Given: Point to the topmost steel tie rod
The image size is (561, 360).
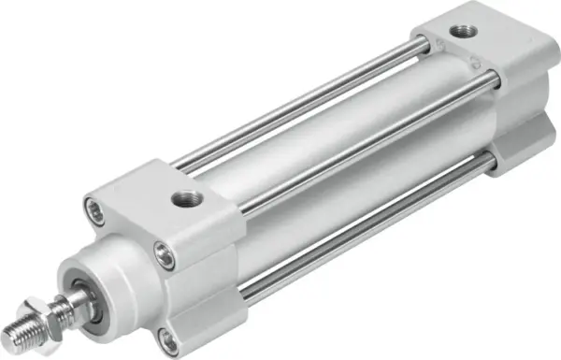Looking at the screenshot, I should pyautogui.click(x=299, y=103).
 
